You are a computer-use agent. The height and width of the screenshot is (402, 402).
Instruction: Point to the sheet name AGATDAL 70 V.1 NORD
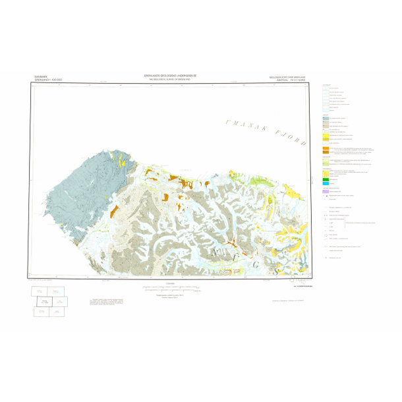tap(289, 80)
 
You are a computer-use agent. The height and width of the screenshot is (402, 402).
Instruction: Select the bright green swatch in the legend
tap(326, 179)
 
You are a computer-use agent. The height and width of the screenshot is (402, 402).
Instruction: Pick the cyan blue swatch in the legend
tap(326, 183)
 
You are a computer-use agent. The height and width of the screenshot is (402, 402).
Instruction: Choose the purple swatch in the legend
tap(326, 192)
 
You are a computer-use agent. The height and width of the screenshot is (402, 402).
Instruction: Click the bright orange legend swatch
tap(326, 151)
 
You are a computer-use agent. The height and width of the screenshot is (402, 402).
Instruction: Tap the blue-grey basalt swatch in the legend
tap(326, 117)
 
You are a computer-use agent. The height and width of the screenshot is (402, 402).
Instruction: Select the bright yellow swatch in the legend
tap(326, 139)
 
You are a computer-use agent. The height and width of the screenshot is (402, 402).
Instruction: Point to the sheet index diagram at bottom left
tap(50, 301)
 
